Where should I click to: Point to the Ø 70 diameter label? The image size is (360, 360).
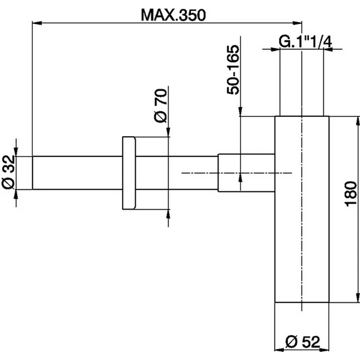click(x=160, y=105)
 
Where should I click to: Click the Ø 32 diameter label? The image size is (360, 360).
click(x=8, y=173)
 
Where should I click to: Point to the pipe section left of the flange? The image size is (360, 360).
click(x=77, y=173)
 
